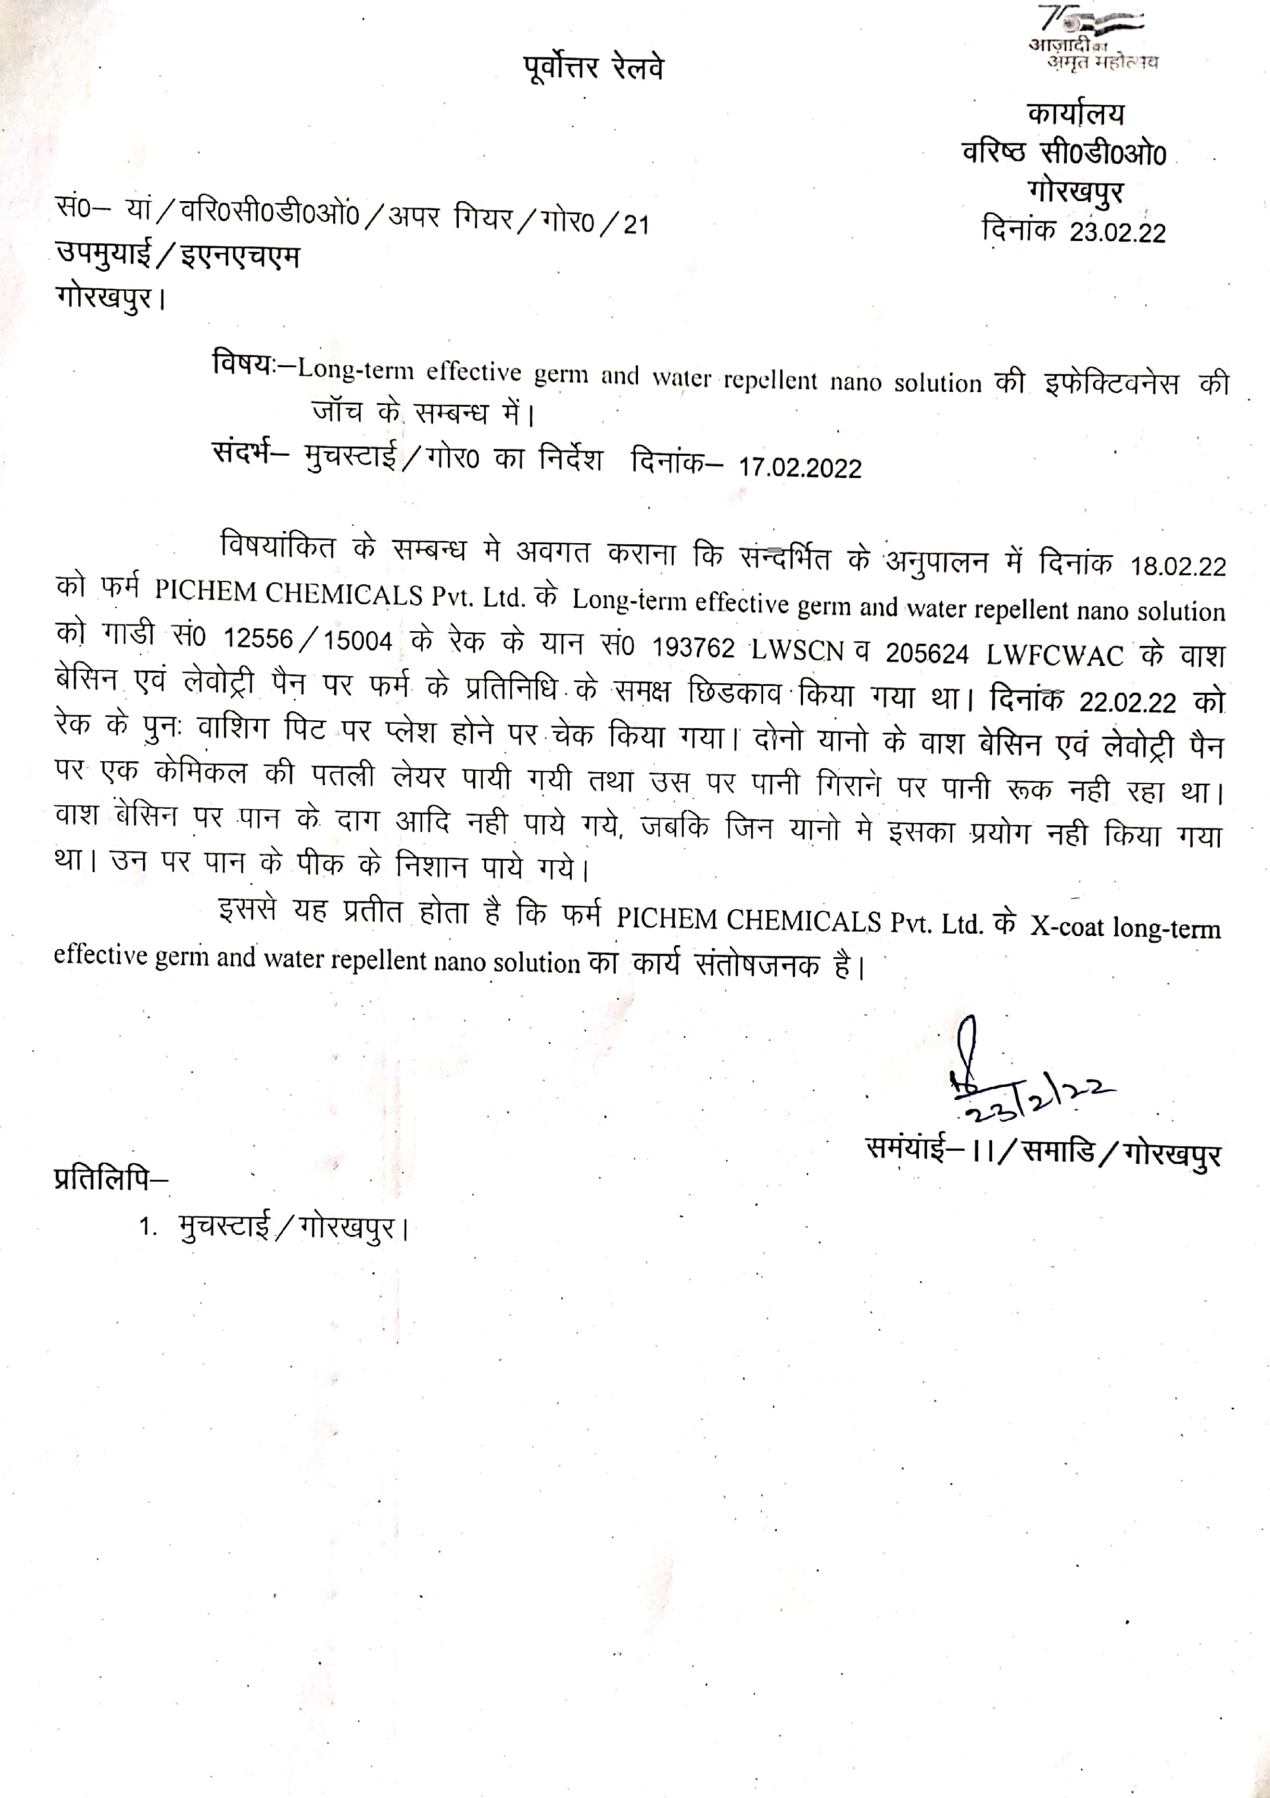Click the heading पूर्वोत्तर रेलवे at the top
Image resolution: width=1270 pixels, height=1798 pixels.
click(593, 68)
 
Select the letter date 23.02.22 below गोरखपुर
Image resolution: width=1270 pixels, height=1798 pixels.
click(1117, 232)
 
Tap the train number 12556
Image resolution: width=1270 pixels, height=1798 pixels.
click(258, 639)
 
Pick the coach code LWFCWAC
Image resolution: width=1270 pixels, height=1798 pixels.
click(1055, 655)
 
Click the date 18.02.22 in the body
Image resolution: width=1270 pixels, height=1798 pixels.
click(1178, 566)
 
